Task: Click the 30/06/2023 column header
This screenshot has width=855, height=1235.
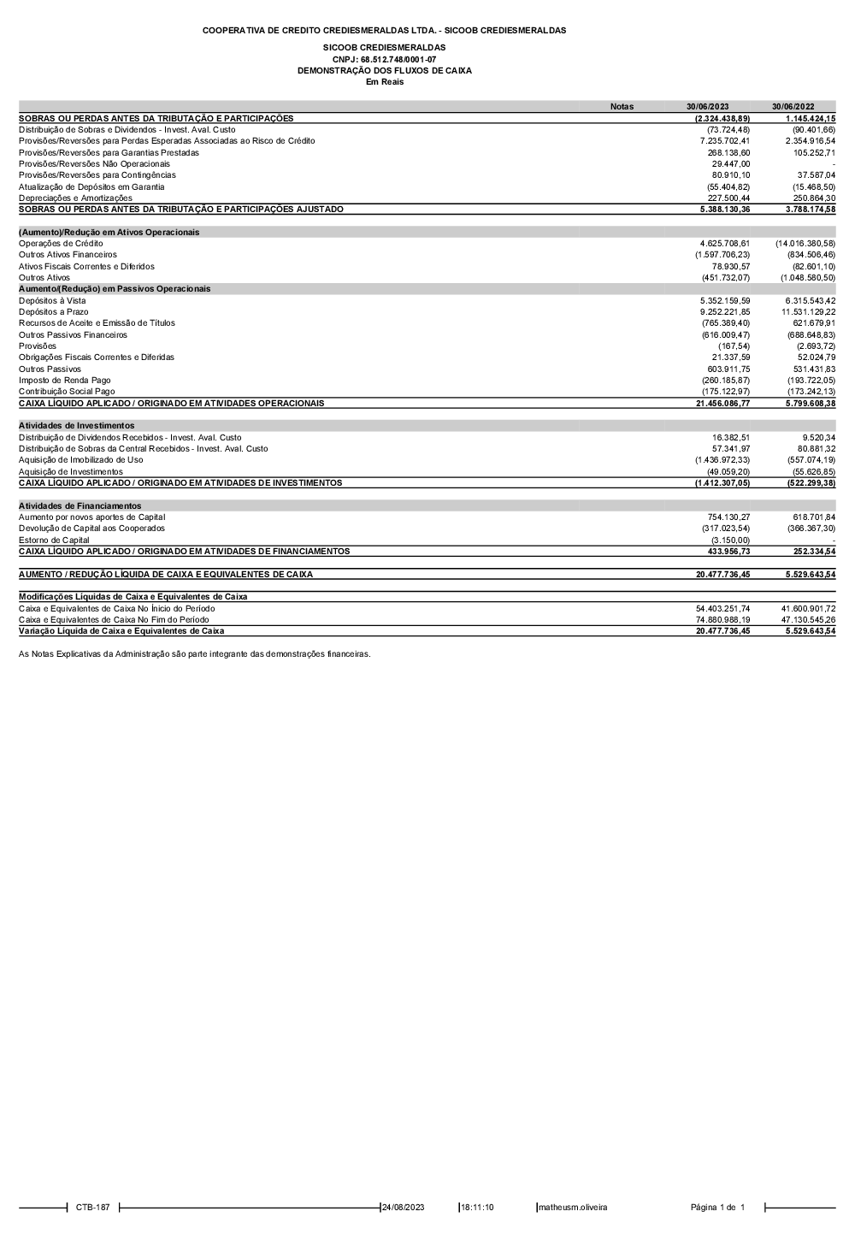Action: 707,107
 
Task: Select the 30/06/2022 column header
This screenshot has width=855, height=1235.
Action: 793,107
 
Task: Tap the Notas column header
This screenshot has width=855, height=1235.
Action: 622,107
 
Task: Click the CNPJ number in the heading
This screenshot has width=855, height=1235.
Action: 384,59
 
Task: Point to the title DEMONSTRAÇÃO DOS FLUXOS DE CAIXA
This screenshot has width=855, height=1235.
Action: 384,71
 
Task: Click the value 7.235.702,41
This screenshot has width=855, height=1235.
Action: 724,141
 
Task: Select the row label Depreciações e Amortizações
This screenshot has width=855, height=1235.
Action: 75,198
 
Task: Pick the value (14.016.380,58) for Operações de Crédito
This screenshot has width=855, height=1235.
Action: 805,244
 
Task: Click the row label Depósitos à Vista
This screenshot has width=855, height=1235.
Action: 52,301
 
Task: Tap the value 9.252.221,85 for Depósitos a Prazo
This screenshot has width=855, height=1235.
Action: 724,312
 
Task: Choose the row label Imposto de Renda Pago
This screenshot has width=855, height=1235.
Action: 64,381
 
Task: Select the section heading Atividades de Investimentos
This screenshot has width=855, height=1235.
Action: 76,426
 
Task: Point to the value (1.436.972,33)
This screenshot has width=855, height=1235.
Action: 722,460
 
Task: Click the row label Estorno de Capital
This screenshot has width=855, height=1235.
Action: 54,541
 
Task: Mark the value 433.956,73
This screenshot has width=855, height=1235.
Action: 728,552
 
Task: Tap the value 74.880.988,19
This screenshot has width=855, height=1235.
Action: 722,620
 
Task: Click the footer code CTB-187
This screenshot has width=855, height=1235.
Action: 92,1208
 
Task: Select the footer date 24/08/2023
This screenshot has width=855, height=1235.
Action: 404,1208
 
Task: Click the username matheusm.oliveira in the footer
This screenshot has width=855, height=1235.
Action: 572,1208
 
